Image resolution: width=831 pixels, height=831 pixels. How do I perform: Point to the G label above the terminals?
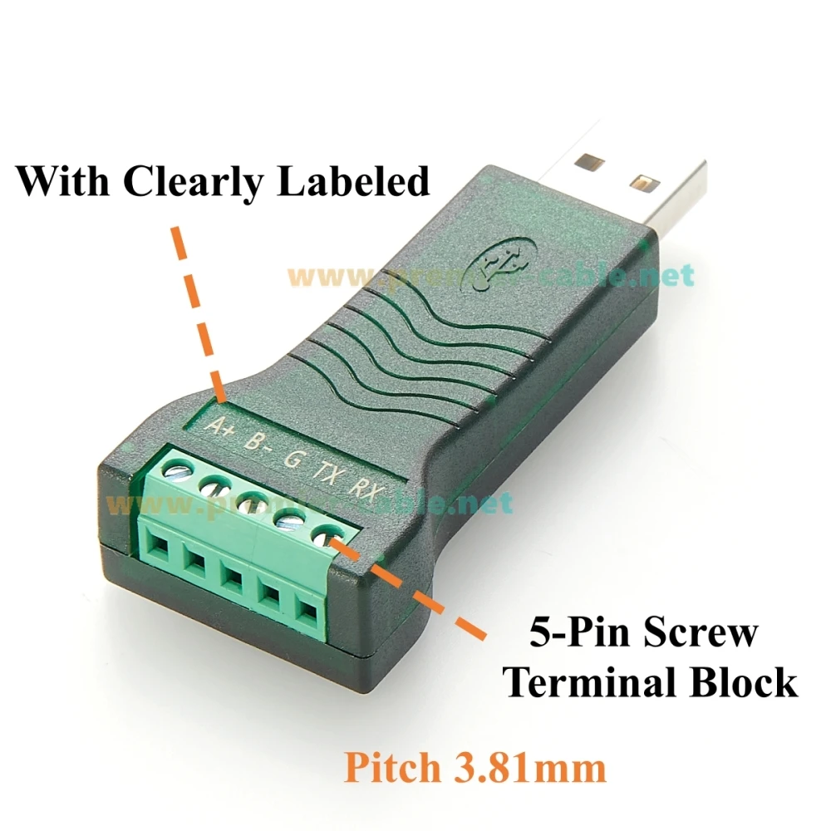293,456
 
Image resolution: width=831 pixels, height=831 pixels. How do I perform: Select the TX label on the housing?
325,471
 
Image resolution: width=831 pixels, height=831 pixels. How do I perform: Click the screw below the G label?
249,502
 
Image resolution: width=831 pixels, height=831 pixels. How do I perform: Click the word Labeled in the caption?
352,180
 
